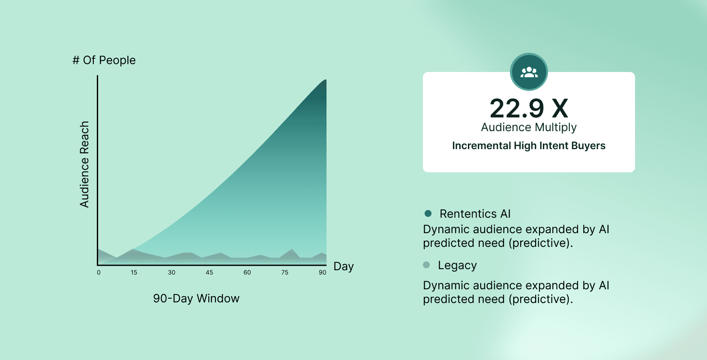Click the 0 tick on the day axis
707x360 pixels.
click(x=99, y=272)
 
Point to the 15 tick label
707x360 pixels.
click(x=134, y=272)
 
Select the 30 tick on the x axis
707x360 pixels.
click(x=171, y=272)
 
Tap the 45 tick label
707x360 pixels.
click(x=209, y=272)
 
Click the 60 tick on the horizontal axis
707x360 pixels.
click(x=247, y=272)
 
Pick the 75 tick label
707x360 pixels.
click(x=285, y=272)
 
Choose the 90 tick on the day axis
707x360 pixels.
click(x=322, y=272)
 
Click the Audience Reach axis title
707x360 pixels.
click(x=84, y=164)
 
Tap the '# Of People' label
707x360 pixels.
click(x=104, y=60)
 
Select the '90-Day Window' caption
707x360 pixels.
click(x=196, y=298)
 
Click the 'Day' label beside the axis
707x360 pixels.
click(x=344, y=266)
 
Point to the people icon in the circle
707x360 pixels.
click(x=529, y=72)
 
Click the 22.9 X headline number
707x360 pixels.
click(x=529, y=108)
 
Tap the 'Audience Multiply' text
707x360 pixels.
click(x=529, y=127)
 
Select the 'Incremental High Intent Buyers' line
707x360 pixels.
click(x=529, y=146)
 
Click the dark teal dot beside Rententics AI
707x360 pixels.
click(x=428, y=213)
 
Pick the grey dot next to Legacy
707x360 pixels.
click(x=426, y=265)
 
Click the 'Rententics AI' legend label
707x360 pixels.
click(x=475, y=214)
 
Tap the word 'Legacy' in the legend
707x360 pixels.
click(x=457, y=265)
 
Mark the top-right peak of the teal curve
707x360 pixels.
click(x=326, y=80)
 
